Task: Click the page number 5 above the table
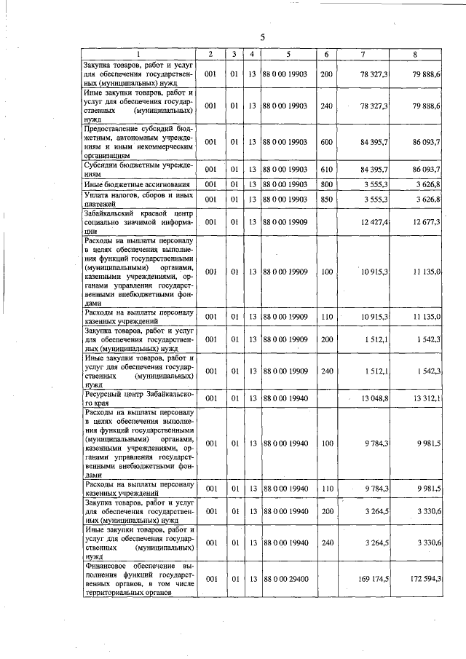(263, 37)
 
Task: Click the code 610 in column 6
(326, 170)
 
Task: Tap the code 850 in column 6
(326, 200)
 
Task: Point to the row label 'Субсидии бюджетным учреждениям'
(138, 170)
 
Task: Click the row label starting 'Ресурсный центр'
(138, 398)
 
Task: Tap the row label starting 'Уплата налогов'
(138, 200)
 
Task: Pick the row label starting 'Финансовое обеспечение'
(138, 579)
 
